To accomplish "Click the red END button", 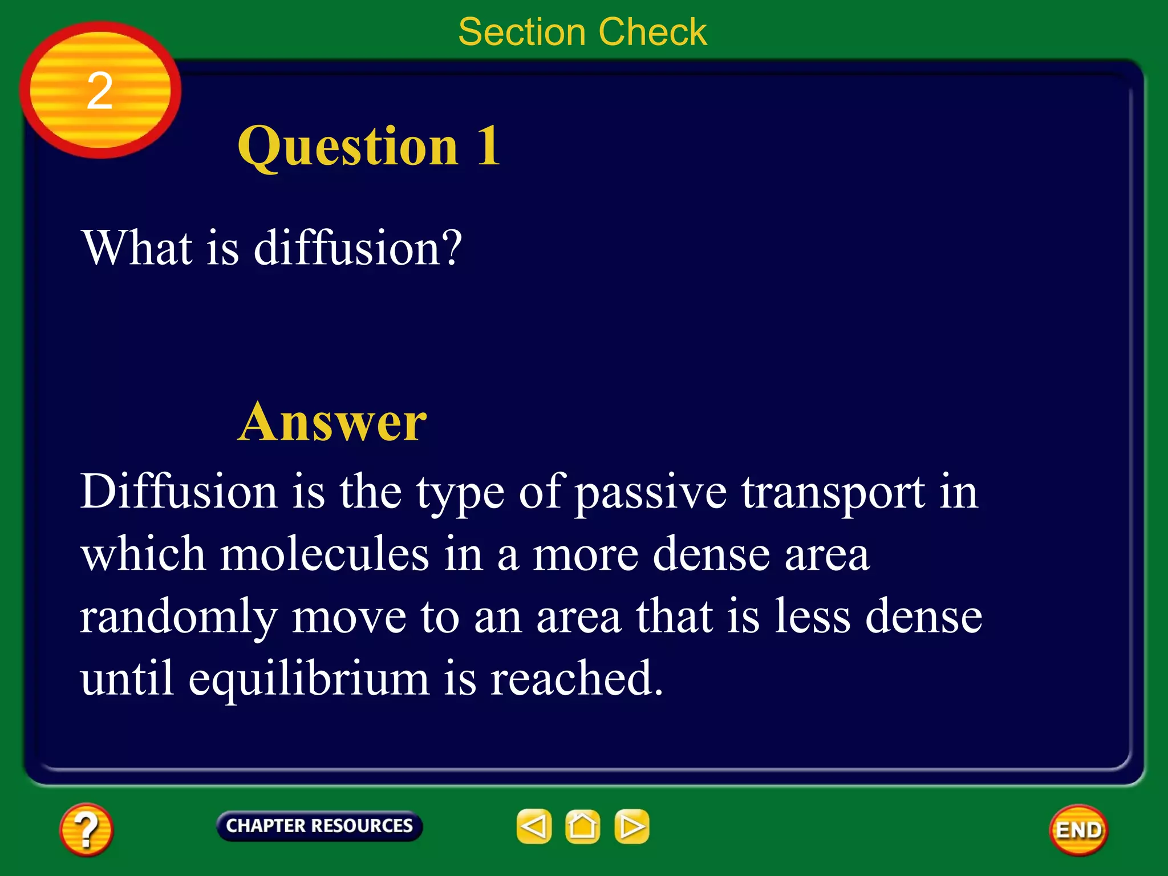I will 1078,830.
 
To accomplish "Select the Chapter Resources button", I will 319,826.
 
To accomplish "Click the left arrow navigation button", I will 534,826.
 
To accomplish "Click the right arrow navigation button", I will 632,826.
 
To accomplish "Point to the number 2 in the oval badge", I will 100,91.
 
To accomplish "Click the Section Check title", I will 582,32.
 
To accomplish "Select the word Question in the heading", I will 348,146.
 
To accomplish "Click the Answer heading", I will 332,422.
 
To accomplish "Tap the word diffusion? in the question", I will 358,248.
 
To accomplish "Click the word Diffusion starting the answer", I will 179,491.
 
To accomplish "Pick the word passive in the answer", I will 650,492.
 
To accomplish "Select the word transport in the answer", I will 833,492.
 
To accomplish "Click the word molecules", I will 325,554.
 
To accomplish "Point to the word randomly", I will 179,617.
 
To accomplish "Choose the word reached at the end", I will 576,679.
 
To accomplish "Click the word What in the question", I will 137,248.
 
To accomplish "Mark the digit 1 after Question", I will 488,146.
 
